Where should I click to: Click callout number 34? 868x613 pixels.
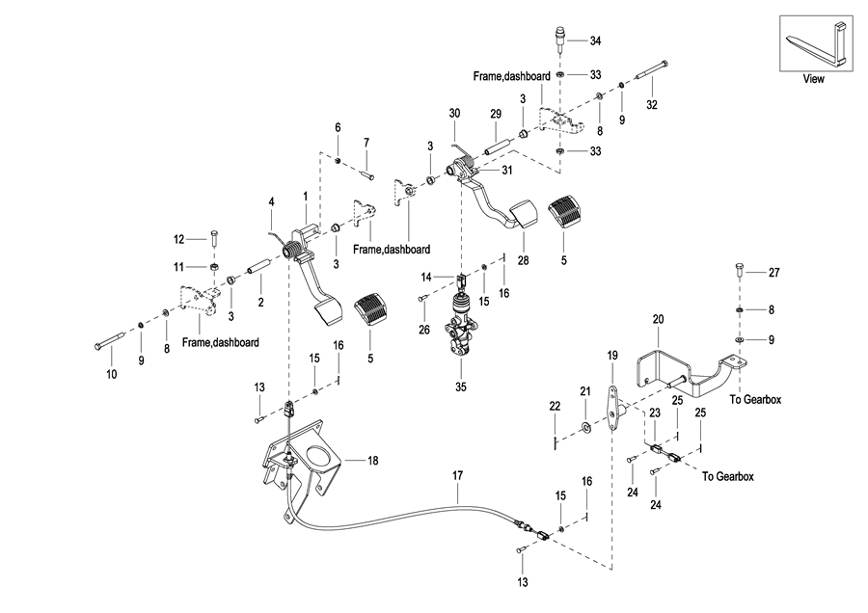pos(595,41)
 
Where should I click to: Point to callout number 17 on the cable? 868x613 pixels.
pos(458,475)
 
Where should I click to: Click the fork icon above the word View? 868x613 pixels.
pos(814,45)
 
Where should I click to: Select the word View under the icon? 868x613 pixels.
pos(814,79)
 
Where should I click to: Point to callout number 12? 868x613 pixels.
pos(178,239)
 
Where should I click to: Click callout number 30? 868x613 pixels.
pos(454,114)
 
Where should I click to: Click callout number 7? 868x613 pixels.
pos(366,143)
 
